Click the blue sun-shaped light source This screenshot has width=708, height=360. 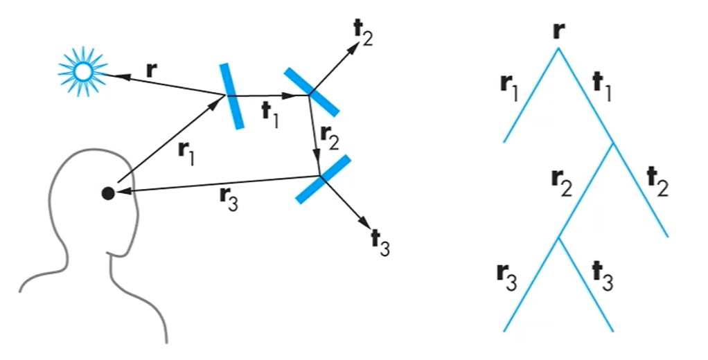point(82,70)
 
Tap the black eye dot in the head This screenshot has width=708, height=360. point(107,193)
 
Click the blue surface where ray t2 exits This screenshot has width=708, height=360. point(310,91)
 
